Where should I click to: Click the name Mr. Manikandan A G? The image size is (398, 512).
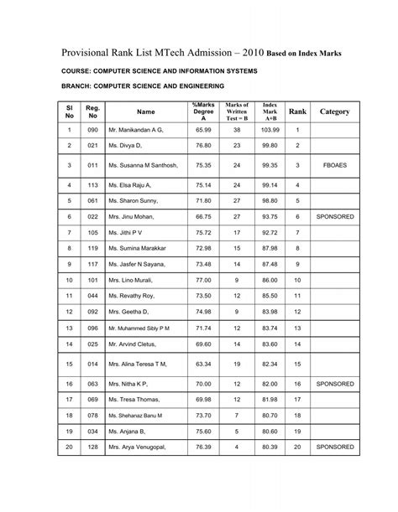[139, 132]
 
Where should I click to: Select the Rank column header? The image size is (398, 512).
[297, 111]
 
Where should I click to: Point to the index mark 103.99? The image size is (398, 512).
[270, 132]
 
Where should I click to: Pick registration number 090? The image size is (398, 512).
[93, 132]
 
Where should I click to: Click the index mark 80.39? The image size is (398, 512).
[270, 448]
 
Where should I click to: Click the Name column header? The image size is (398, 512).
[146, 111]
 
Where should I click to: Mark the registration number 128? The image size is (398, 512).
[93, 448]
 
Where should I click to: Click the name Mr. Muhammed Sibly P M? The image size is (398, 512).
[139, 328]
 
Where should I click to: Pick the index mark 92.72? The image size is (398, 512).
[270, 232]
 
